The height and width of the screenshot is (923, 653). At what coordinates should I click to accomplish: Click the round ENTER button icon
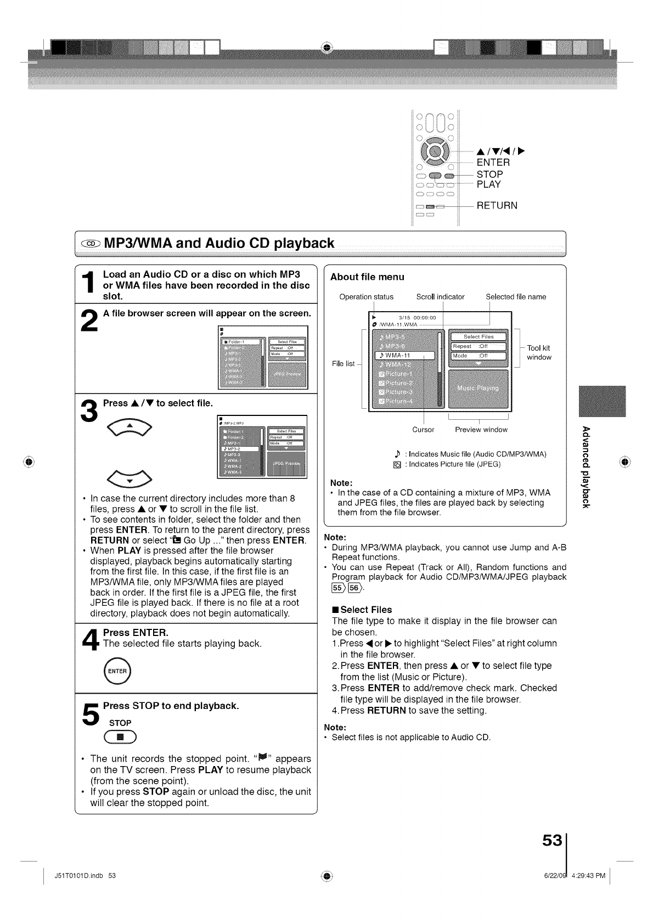(x=117, y=671)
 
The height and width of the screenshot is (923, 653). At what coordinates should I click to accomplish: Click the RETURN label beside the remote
(x=497, y=206)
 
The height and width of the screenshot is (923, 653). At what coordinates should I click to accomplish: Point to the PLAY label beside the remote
(x=488, y=184)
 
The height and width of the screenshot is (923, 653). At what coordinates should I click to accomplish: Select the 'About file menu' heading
(x=367, y=277)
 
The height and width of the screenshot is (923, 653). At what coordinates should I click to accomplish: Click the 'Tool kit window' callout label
(x=538, y=352)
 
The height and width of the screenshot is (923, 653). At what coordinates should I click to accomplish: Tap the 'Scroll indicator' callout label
(x=440, y=297)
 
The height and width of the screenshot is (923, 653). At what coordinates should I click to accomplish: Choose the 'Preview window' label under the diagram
(x=481, y=430)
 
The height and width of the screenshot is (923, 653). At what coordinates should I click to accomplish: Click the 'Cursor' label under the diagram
(x=423, y=430)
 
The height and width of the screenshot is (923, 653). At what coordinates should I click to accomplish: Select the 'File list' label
(x=344, y=364)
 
